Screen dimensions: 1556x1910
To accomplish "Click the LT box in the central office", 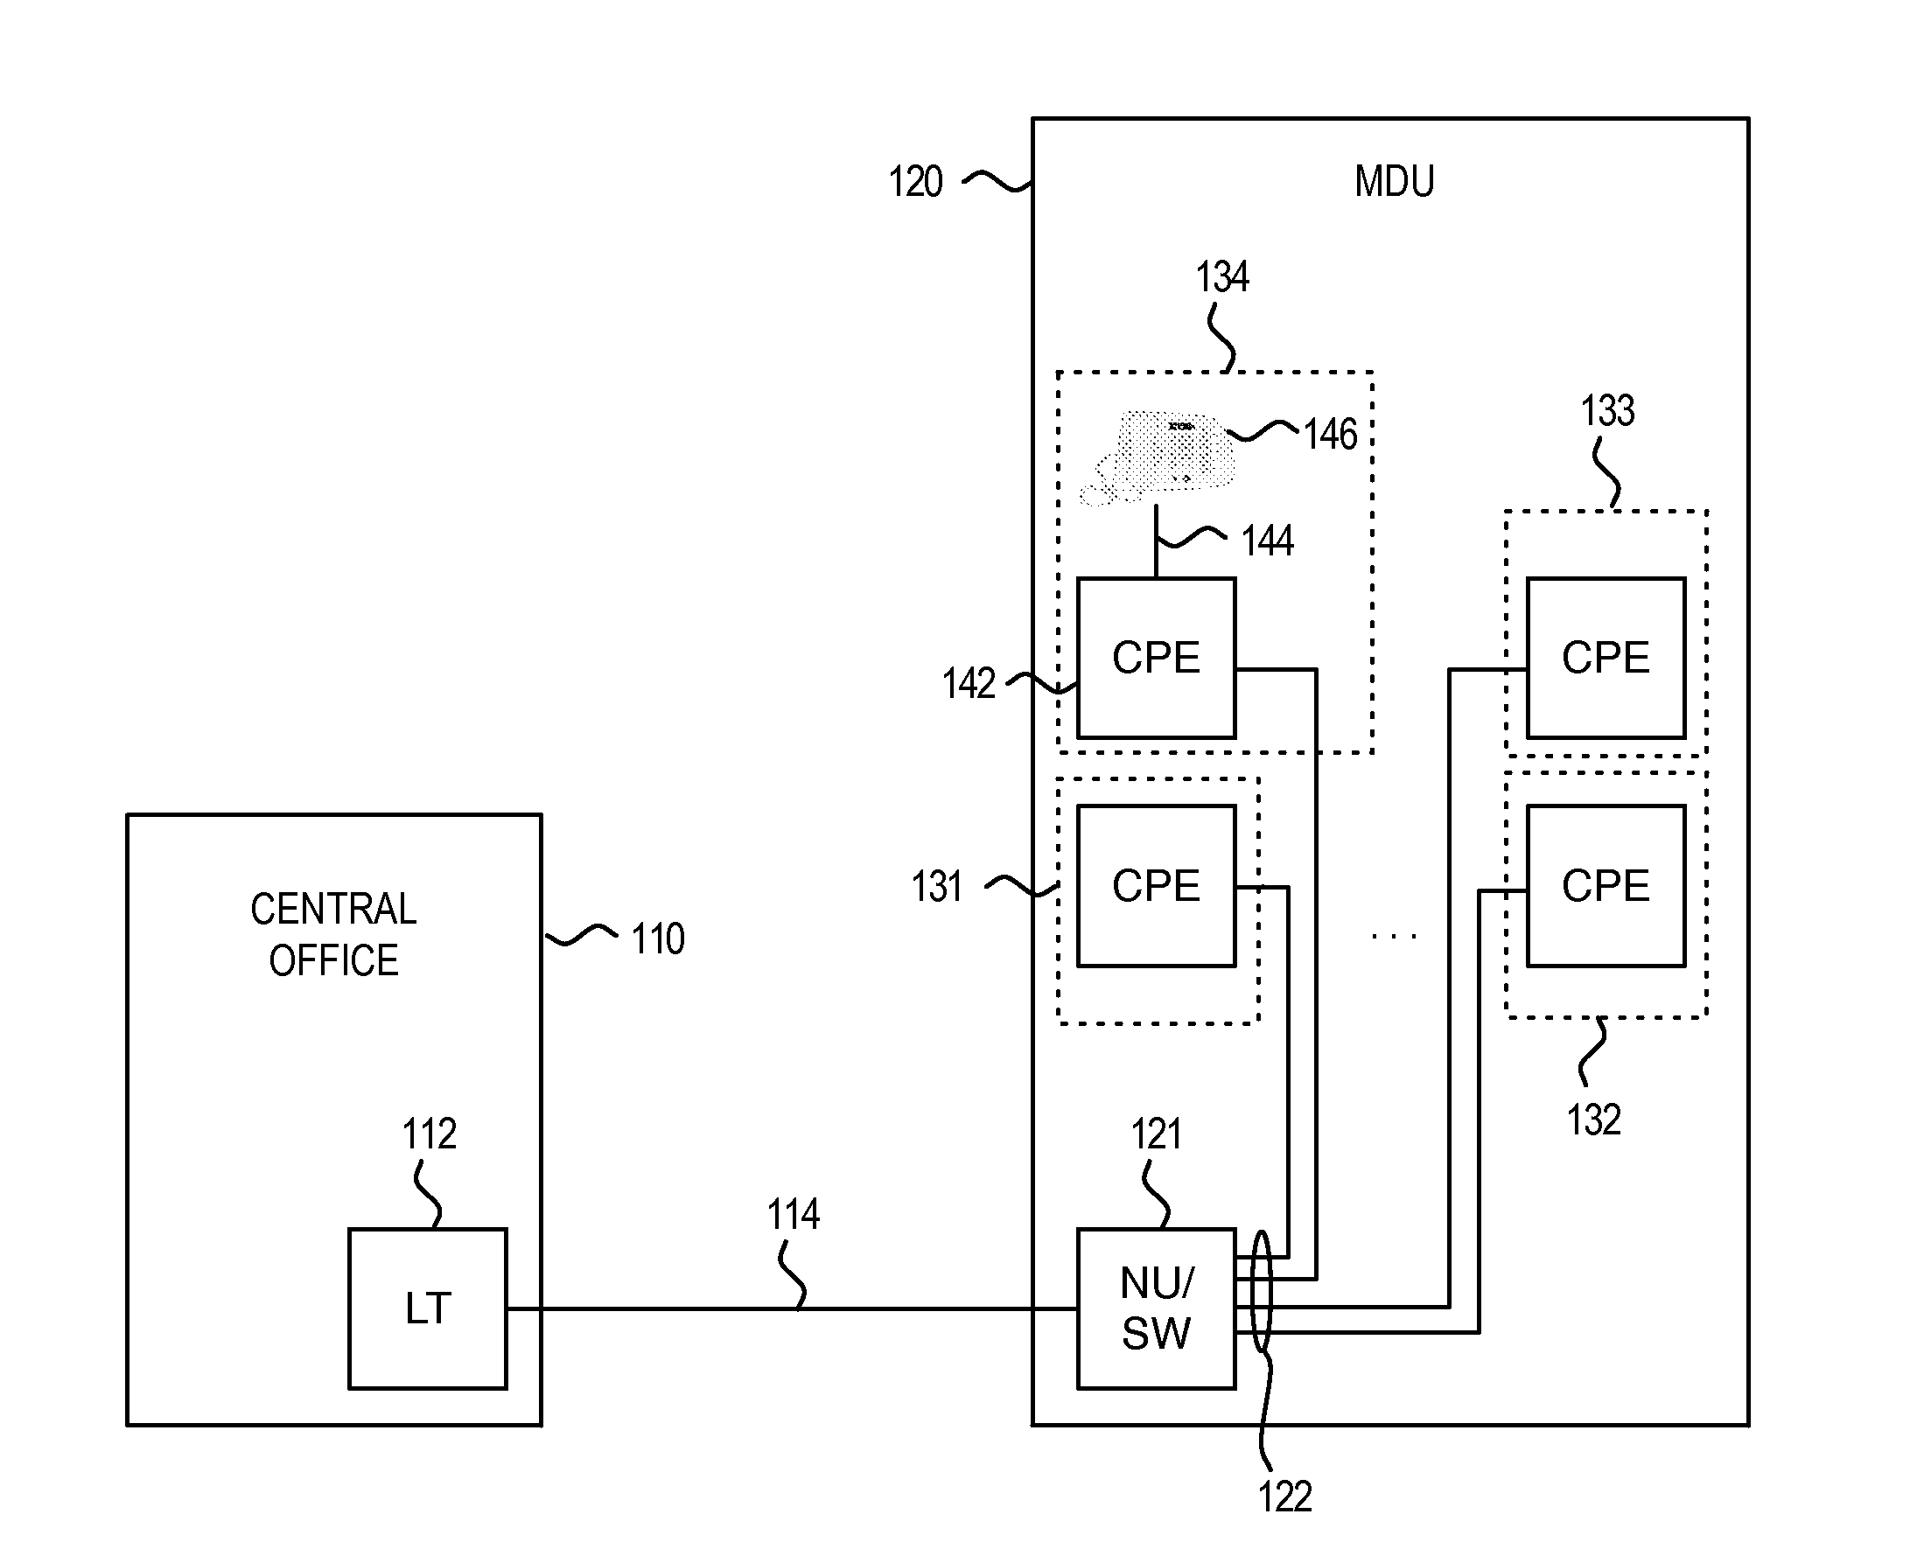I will pos(427,1308).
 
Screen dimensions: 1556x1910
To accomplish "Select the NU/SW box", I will pos(1155,1308).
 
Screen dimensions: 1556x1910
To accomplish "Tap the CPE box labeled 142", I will pos(1155,657).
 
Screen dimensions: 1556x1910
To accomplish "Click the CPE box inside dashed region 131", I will pos(1155,885).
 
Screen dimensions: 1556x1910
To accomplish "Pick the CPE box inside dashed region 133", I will pos(1606,657).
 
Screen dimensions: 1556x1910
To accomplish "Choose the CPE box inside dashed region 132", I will pos(1606,885).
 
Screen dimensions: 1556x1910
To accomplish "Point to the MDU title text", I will pos(1394,181).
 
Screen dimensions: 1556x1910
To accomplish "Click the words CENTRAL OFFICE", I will pos(333,934).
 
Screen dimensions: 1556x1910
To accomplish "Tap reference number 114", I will pos(793,1215).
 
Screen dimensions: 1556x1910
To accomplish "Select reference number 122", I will pos(1284,1497).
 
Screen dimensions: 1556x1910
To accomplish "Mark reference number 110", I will pos(657,939).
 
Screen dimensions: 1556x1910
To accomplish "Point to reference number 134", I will pos(1221,277).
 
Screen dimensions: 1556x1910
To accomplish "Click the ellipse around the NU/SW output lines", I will pos(1261,1291).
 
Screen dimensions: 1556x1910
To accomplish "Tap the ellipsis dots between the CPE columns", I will pos(1394,937).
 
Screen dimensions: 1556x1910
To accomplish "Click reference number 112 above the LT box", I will pos(429,1134).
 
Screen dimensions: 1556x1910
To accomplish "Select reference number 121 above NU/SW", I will pos(1155,1134).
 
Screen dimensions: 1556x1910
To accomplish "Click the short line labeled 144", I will pos(1156,542).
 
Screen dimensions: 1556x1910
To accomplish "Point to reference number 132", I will pos(1592,1120).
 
